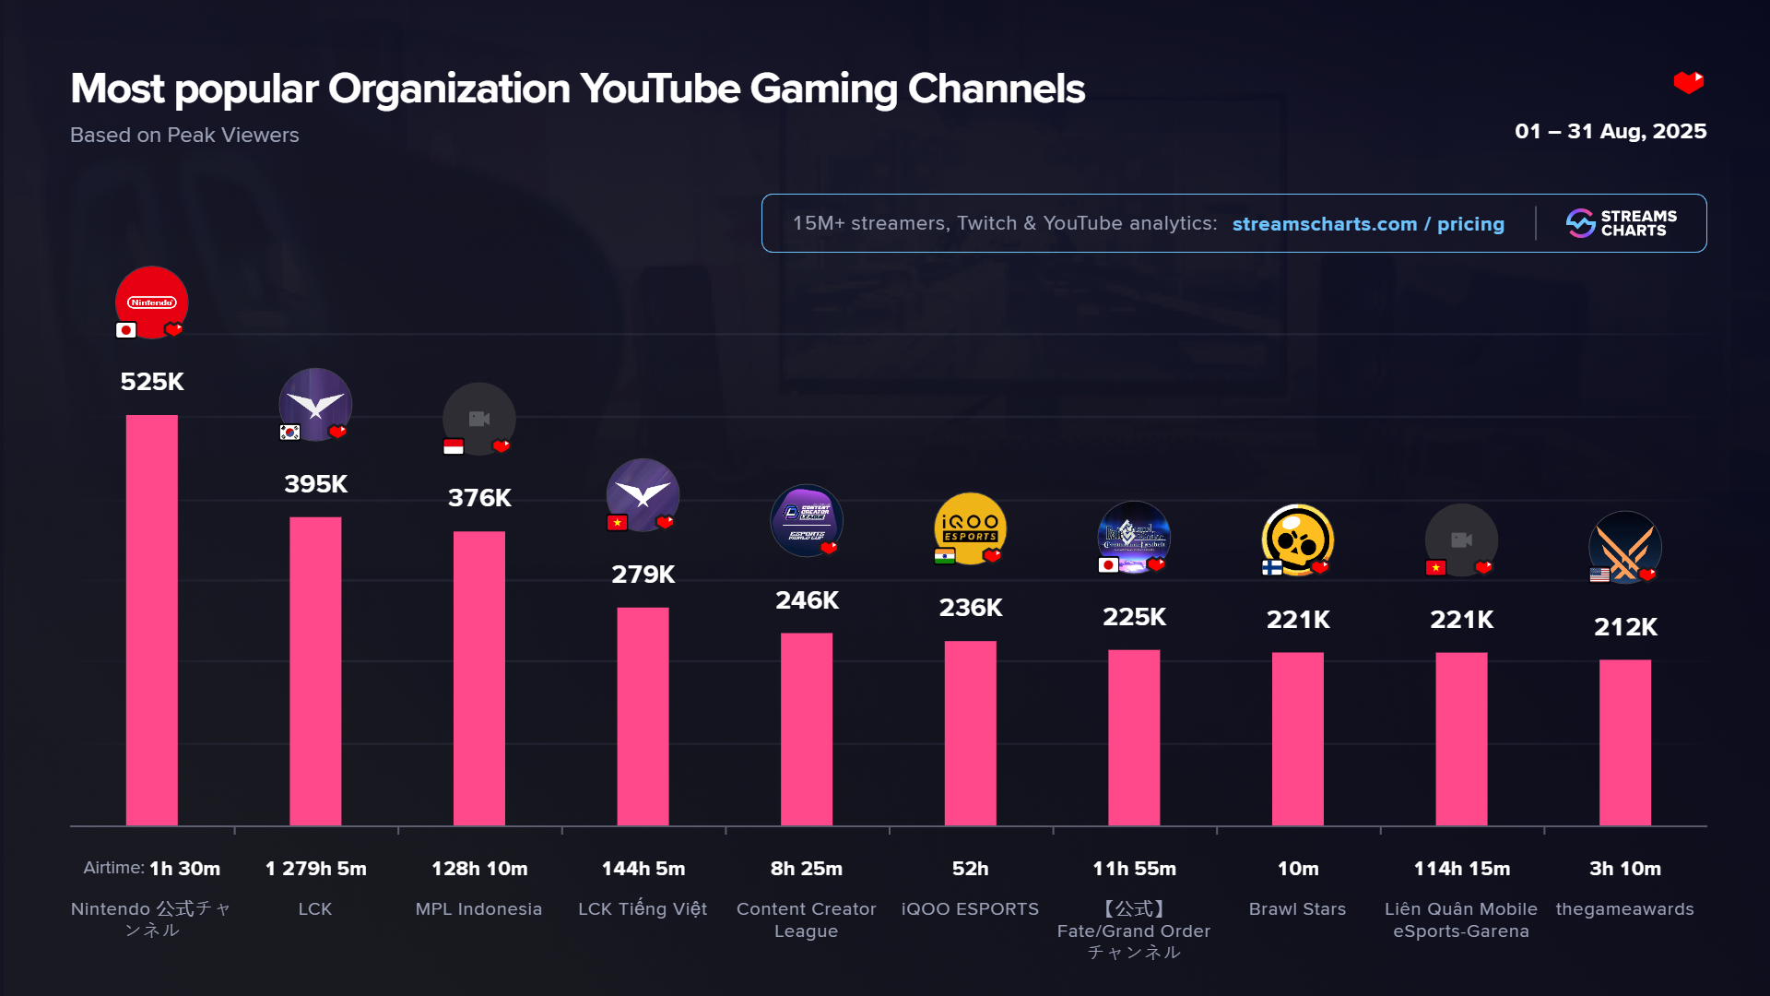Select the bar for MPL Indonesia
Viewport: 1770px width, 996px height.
pos(479,678)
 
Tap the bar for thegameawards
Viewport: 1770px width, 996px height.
pos(1625,742)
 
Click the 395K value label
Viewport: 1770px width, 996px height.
pos(316,484)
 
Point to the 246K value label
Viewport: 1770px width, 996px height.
pos(807,600)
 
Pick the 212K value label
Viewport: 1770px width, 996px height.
pos(1625,627)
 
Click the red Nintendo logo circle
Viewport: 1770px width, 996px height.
pos(152,301)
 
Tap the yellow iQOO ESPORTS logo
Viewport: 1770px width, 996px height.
pos(970,527)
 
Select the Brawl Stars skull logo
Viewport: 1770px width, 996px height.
pos(1297,539)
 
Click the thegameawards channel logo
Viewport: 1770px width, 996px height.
pos(1625,546)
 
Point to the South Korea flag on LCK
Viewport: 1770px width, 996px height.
pos(289,433)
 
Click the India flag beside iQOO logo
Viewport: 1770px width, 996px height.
pos(944,556)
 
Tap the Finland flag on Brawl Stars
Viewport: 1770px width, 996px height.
pos(1272,567)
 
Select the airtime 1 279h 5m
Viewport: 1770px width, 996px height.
pos(316,869)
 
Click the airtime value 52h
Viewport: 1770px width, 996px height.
pos(970,869)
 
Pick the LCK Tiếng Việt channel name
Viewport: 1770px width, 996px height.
pos(643,909)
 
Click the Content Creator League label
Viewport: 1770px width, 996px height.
pos(807,919)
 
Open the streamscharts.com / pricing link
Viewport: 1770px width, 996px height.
pos(1368,224)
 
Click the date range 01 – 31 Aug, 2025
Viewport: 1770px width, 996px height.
pos(1611,132)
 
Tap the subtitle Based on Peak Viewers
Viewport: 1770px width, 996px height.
pos(184,136)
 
